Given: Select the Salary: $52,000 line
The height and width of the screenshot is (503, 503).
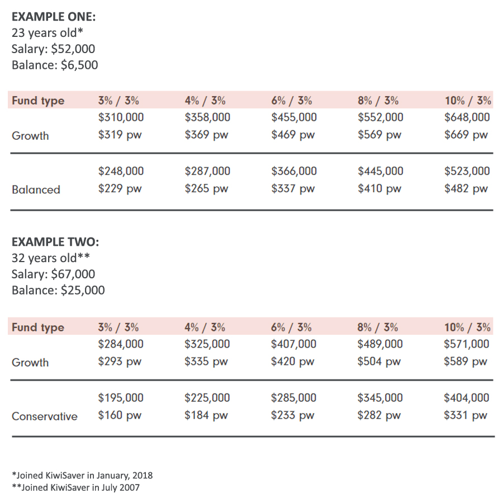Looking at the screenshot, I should [53, 49].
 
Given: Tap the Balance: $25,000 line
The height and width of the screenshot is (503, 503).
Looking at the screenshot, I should [58, 290].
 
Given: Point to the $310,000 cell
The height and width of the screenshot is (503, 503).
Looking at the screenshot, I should [121, 117].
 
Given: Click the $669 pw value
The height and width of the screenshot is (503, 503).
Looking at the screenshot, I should [466, 135].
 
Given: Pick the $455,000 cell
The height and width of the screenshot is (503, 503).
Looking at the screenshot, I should [294, 117].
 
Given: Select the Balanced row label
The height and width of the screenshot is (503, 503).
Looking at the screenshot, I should [36, 189].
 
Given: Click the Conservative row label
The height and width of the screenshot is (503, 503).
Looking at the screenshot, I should [45, 416].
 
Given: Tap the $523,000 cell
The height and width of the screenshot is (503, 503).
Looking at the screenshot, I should [467, 171].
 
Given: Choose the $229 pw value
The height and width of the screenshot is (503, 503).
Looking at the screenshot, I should [120, 189].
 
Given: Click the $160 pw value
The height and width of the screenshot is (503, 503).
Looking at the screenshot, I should [120, 416].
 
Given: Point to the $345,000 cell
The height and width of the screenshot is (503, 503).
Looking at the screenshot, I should [380, 398].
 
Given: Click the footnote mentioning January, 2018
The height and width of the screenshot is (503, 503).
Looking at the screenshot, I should [82, 476].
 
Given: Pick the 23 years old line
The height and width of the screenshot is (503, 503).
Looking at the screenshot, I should [48, 33].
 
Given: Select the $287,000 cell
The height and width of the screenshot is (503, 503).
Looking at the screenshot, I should [207, 171].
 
